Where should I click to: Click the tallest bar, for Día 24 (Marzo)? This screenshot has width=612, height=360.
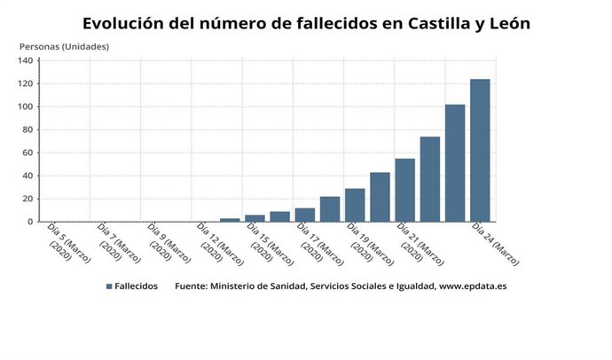coord(480,151)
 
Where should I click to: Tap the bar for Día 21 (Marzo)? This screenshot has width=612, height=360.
coord(404,191)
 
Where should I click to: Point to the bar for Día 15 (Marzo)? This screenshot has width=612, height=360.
coord(255,218)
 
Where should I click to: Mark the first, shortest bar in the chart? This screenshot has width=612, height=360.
coord(230,220)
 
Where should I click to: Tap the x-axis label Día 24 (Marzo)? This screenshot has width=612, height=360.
coord(495,244)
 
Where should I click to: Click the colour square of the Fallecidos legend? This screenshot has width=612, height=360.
coord(109,286)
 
